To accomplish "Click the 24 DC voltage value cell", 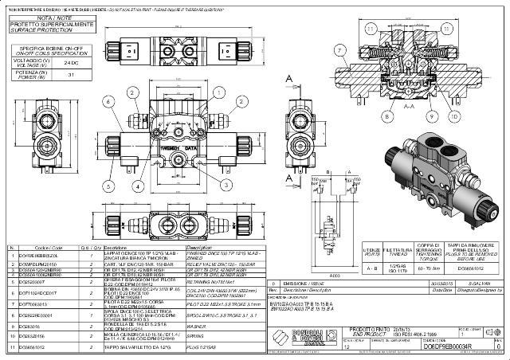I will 70,61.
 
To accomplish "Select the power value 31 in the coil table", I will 70,74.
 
